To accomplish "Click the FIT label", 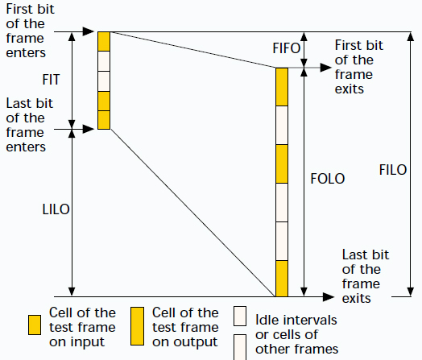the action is coord(51,80).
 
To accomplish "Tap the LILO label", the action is coord(56,209).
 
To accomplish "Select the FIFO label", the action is coord(287,48).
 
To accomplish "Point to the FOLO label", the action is coord(328,179).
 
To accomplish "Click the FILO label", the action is coord(393,170).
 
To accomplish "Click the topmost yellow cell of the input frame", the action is coord(104,41).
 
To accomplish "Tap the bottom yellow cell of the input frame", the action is coord(104,120).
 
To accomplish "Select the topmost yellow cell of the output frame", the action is coord(282,87).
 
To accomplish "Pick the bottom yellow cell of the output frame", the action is coord(282,279).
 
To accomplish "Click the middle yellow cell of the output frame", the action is coord(282,163).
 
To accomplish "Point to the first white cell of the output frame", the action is coord(282,126).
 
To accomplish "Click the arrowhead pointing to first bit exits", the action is coord(326,68).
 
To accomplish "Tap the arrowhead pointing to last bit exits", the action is coord(329,297).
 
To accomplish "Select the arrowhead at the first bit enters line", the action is coord(89,31).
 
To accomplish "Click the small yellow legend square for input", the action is coord(35,325).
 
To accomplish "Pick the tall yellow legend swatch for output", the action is coord(137,326).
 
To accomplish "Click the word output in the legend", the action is coord(196,342).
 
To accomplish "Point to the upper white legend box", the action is coord(240,317).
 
